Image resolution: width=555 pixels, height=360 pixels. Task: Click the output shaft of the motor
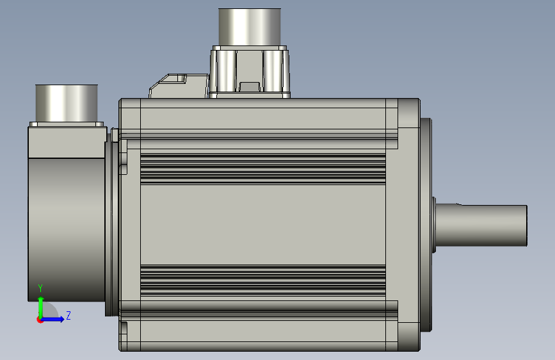[481, 225]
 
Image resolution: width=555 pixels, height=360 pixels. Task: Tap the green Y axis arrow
[41, 307]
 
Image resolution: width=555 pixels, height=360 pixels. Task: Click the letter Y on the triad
[40, 288]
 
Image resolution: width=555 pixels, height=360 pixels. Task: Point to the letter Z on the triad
[68, 315]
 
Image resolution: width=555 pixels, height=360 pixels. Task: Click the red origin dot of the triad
[40, 320]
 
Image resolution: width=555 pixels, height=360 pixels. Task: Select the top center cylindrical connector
[250, 28]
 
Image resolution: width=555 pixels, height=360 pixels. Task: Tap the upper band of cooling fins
[263, 169]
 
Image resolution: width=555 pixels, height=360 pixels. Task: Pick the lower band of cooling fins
[263, 281]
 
